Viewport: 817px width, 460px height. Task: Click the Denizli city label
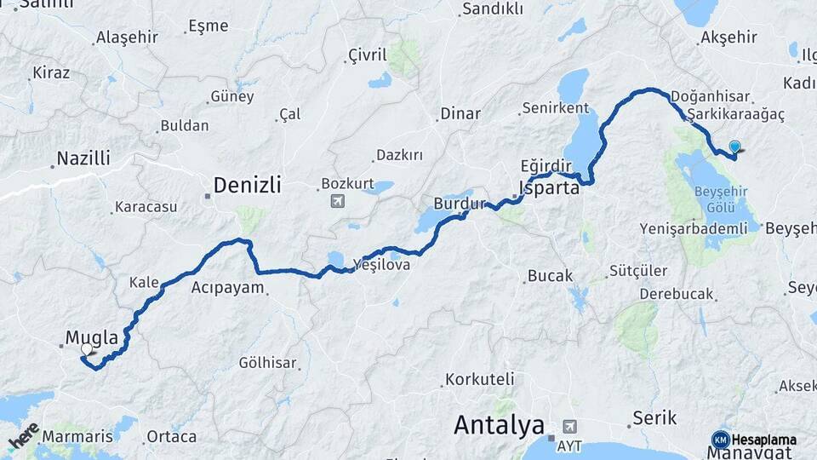pyautogui.click(x=247, y=185)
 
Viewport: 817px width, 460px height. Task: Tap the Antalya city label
pyautogui.click(x=499, y=423)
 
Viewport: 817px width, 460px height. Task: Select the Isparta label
pyautogui.click(x=550, y=188)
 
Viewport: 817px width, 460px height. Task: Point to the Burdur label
pyautogui.click(x=459, y=204)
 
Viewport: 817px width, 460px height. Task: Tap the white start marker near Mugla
pyautogui.click(x=87, y=349)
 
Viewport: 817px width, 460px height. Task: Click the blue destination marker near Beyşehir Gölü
pyautogui.click(x=734, y=147)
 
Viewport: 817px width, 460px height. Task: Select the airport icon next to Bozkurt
pyautogui.click(x=337, y=201)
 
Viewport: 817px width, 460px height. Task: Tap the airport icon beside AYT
pyautogui.click(x=568, y=426)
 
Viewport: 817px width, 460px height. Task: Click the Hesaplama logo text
pyautogui.click(x=763, y=440)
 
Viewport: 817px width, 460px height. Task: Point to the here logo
pyautogui.click(x=23, y=436)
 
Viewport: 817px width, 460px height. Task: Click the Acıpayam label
pyautogui.click(x=228, y=287)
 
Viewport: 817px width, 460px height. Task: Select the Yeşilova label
pyautogui.click(x=387, y=265)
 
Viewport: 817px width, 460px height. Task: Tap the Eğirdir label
pyautogui.click(x=544, y=164)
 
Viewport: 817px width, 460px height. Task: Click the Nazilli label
pyautogui.click(x=83, y=158)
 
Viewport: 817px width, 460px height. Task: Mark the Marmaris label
pyautogui.click(x=77, y=436)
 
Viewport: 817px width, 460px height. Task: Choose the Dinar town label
pyautogui.click(x=460, y=113)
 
